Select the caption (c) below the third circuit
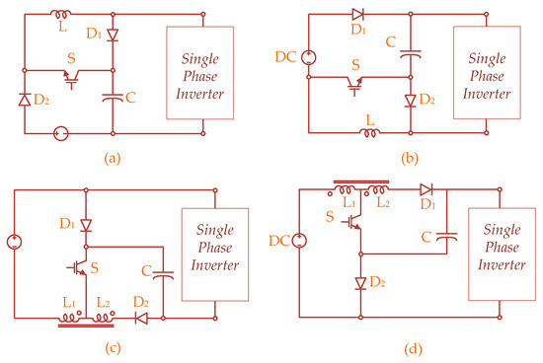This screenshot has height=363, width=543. (x=111, y=347)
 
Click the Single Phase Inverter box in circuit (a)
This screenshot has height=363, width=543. (x=203, y=71)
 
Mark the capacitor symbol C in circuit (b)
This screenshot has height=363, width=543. (x=410, y=56)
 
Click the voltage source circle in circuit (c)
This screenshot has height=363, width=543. (x=13, y=240)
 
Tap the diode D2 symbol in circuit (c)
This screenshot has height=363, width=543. (x=140, y=318)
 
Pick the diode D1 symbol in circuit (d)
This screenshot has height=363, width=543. (x=427, y=188)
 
